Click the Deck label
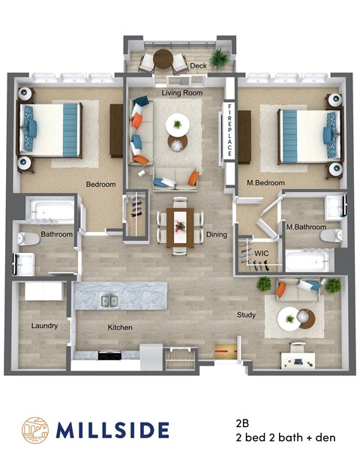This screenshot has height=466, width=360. pyautogui.click(x=199, y=66)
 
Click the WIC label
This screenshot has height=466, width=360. pyautogui.click(x=262, y=253)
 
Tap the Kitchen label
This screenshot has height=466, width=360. pyautogui.click(x=120, y=327)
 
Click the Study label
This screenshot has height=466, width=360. pyautogui.click(x=247, y=315)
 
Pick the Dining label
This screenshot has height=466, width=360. pyautogui.click(x=217, y=235)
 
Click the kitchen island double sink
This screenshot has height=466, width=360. pyautogui.click(x=109, y=301)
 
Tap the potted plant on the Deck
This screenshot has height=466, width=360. pyautogui.click(x=220, y=58)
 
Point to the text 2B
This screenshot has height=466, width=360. pyautogui.click(x=241, y=422)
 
